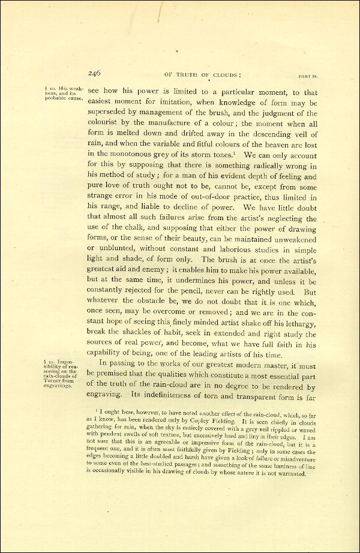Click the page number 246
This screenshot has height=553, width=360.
click(x=94, y=73)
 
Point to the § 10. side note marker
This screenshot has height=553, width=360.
click(x=50, y=89)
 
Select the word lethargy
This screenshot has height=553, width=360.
click(x=298, y=322)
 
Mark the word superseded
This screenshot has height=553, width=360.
click(x=110, y=114)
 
